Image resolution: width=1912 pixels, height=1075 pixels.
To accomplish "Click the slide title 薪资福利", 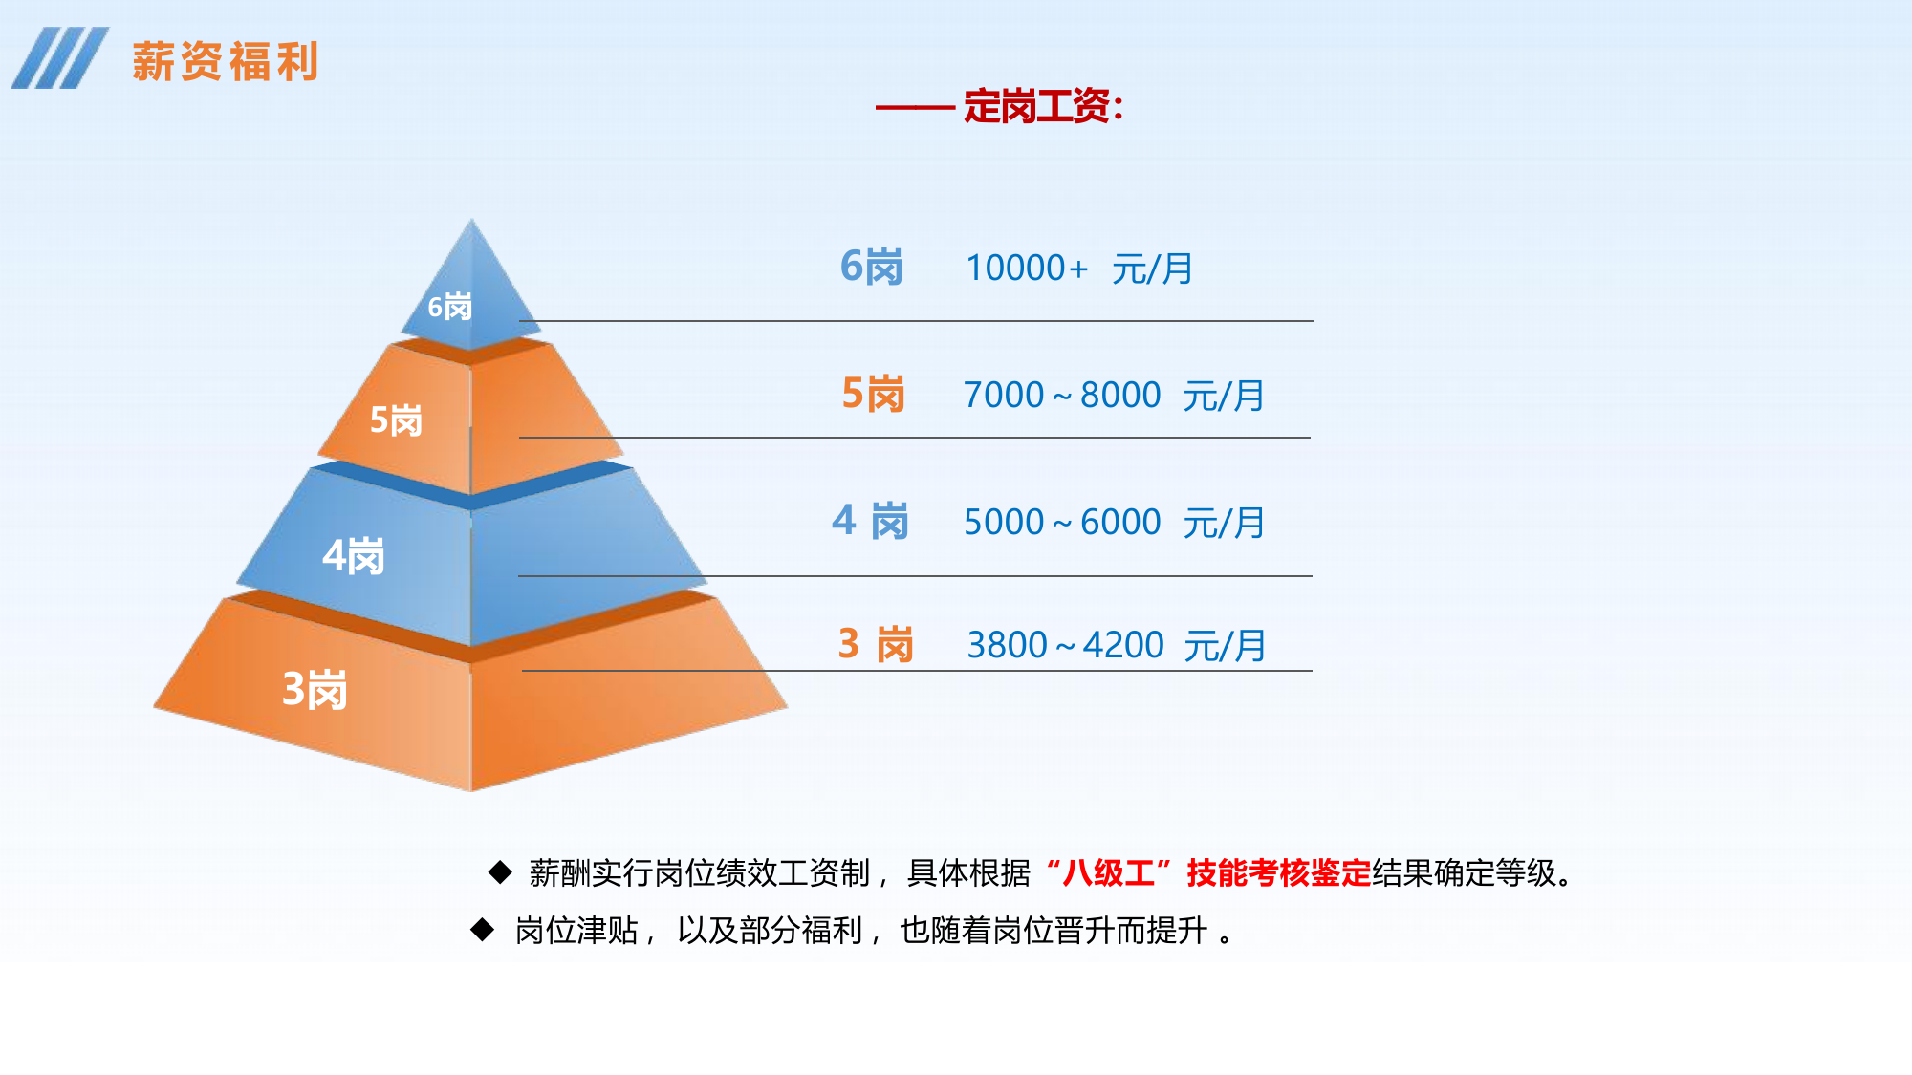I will pyautogui.click(x=225, y=62).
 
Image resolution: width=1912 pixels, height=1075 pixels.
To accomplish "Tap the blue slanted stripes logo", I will pyautogui.click(x=59, y=58).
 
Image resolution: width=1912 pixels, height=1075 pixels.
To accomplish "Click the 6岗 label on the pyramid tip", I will pyautogui.click(x=450, y=307).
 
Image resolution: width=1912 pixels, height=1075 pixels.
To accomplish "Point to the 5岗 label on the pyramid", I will pyautogui.click(x=396, y=420).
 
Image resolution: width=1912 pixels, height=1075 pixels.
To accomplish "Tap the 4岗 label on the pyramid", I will pyautogui.click(x=354, y=555).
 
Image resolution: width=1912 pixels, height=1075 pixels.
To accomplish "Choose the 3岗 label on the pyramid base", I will pyautogui.click(x=315, y=689).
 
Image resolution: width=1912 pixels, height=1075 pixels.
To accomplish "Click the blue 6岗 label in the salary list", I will pyautogui.click(x=871, y=267).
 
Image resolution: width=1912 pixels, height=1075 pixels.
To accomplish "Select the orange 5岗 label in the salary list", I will pyautogui.click(x=873, y=394).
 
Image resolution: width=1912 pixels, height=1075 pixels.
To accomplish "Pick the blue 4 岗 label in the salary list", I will pyautogui.click(x=870, y=522).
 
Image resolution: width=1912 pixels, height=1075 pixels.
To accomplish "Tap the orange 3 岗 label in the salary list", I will pyautogui.click(x=876, y=644).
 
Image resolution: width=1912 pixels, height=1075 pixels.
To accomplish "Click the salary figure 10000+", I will pyautogui.click(x=1026, y=268).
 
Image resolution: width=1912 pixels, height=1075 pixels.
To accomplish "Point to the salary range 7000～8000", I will pyautogui.click(x=1061, y=395).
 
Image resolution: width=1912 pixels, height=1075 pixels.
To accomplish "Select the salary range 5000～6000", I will pyautogui.click(x=1061, y=522).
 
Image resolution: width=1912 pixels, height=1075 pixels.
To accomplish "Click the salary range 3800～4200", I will pyautogui.click(x=1065, y=645).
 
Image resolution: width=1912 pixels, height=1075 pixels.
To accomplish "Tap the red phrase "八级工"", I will pyautogui.click(x=1109, y=872).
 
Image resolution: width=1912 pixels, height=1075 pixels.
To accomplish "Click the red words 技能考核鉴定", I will pyautogui.click(x=1278, y=872).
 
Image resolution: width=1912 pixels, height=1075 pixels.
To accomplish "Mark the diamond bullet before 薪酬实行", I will pyautogui.click(x=500, y=871).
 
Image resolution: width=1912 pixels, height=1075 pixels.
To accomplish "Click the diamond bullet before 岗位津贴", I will pyautogui.click(x=483, y=929).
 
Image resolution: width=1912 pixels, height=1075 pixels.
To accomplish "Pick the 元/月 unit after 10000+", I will pyautogui.click(x=1152, y=269).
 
